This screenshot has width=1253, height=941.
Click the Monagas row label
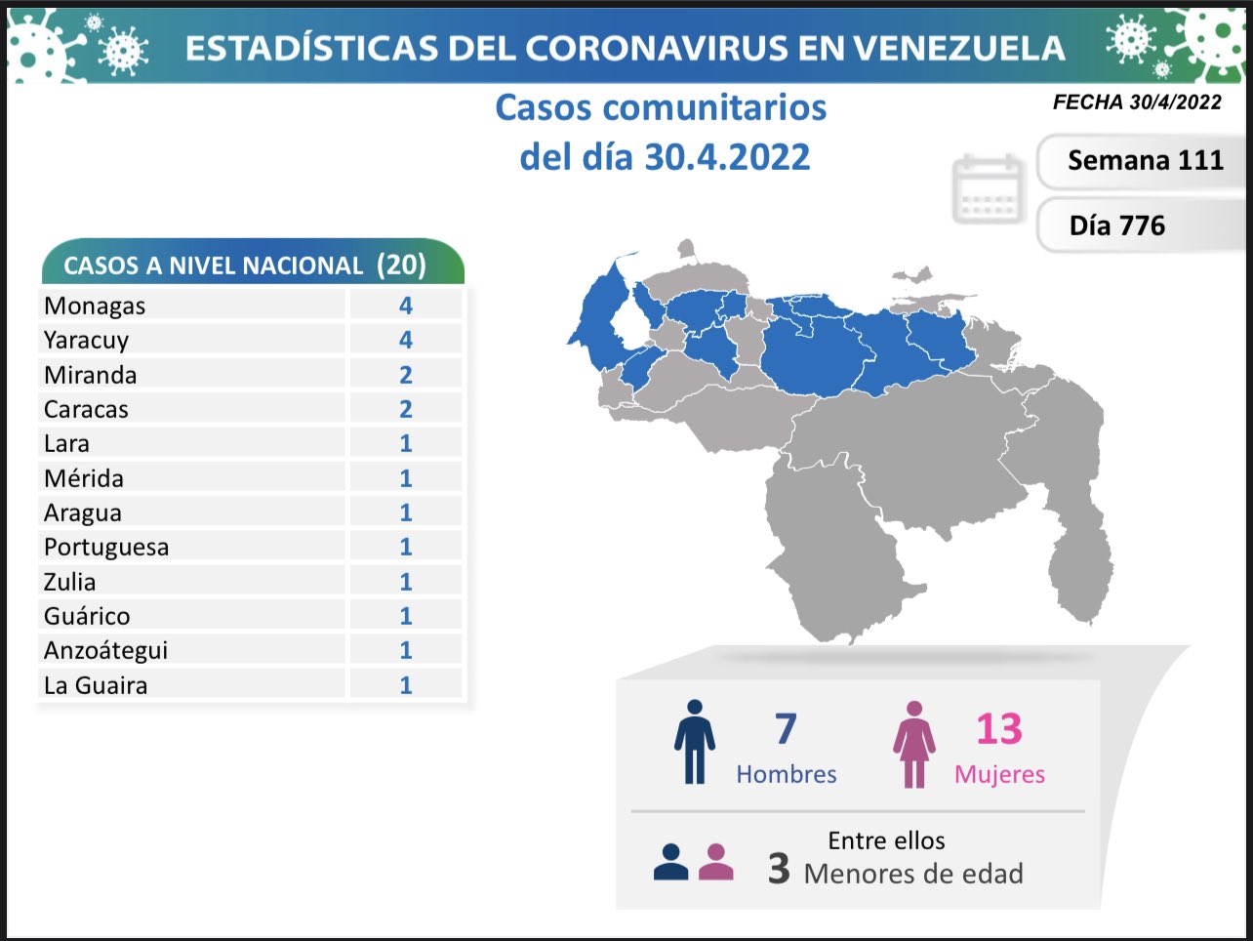tap(95, 306)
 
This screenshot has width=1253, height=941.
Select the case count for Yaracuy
tap(406, 340)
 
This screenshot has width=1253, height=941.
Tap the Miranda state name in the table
tap(90, 375)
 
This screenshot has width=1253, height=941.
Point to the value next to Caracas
tap(406, 409)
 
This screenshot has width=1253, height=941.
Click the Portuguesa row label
tap(106, 547)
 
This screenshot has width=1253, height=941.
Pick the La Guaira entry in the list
tap(96, 685)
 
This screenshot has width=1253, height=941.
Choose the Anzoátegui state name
tap(105, 650)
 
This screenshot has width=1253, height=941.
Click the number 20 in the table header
tap(401, 265)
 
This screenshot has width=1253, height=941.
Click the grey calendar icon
tap(988, 188)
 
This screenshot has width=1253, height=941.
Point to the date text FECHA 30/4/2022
tap(1137, 102)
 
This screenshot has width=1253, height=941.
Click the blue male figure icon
tap(694, 742)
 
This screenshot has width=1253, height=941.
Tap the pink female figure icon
tap(914, 744)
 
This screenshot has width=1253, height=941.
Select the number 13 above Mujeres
tap(998, 729)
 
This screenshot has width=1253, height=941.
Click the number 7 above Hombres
tap(786, 729)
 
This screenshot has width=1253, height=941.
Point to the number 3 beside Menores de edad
tap(778, 868)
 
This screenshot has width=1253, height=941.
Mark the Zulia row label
tap(70, 582)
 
